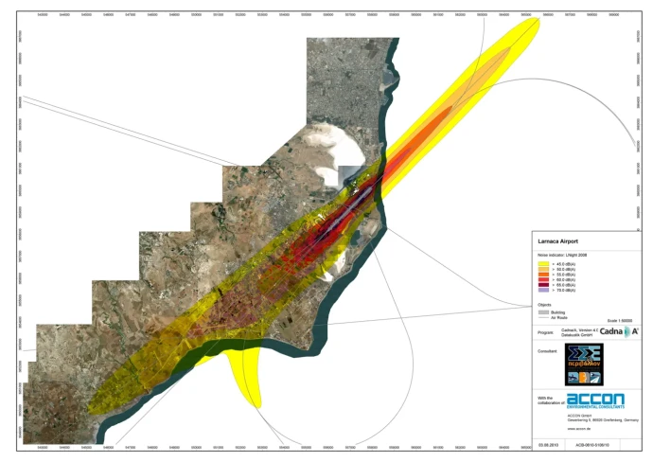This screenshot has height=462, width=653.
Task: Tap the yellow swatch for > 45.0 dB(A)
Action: (543, 262)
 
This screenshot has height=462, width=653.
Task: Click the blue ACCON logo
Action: (596, 400)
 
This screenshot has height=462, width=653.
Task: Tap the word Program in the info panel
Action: (546, 332)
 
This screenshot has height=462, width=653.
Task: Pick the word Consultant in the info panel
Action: (548, 351)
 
